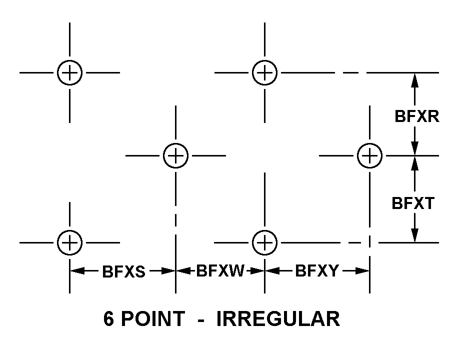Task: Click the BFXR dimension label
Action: click(416, 116)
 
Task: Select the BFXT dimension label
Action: click(413, 203)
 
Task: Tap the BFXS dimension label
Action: click(123, 271)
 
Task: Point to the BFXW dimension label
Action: click(220, 271)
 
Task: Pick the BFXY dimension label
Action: click(317, 271)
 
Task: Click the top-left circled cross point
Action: click(69, 73)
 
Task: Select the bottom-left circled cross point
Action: click(69, 242)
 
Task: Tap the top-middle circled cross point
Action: click(264, 73)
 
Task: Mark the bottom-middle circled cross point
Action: click(264, 242)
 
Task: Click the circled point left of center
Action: click(175, 155)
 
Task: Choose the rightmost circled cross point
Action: click(369, 155)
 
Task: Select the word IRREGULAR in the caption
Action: click(278, 319)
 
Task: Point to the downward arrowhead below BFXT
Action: click(414, 235)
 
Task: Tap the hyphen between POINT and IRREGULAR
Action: click(200, 320)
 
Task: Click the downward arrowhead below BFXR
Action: click(414, 148)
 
